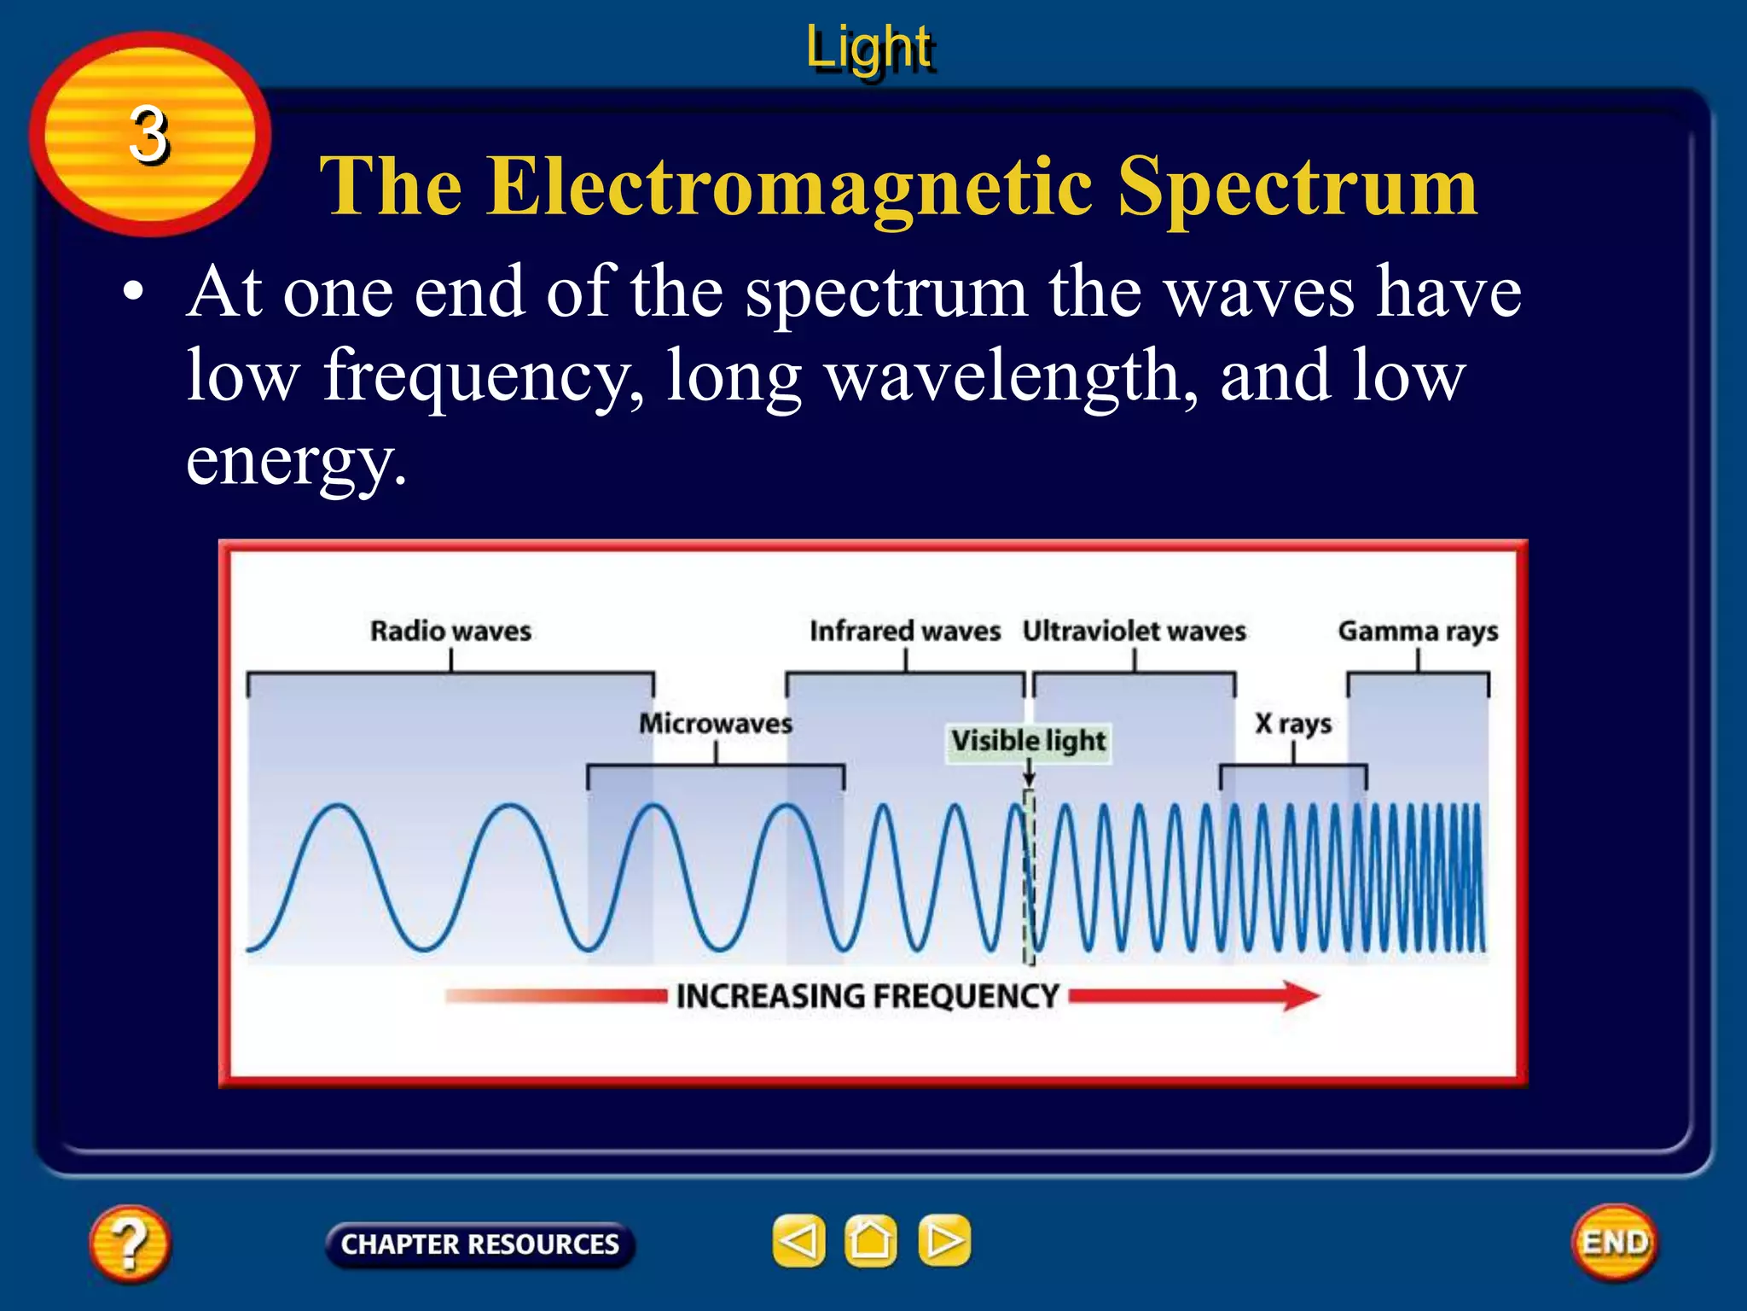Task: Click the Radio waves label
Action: pos(450,631)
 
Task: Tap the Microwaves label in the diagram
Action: pos(716,723)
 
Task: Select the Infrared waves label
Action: pos(904,631)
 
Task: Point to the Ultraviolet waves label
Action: pos(1134,631)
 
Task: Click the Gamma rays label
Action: pos(1418,631)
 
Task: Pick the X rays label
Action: pos(1292,723)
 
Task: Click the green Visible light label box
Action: pos(1029,741)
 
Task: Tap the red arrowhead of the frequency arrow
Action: pos(1301,995)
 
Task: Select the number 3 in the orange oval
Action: pos(148,135)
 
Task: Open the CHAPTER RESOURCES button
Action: pos(479,1244)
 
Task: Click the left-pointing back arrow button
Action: pos(799,1240)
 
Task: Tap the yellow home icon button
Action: pos(870,1240)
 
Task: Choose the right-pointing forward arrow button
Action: pos(943,1240)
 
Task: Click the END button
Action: pos(1615,1242)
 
